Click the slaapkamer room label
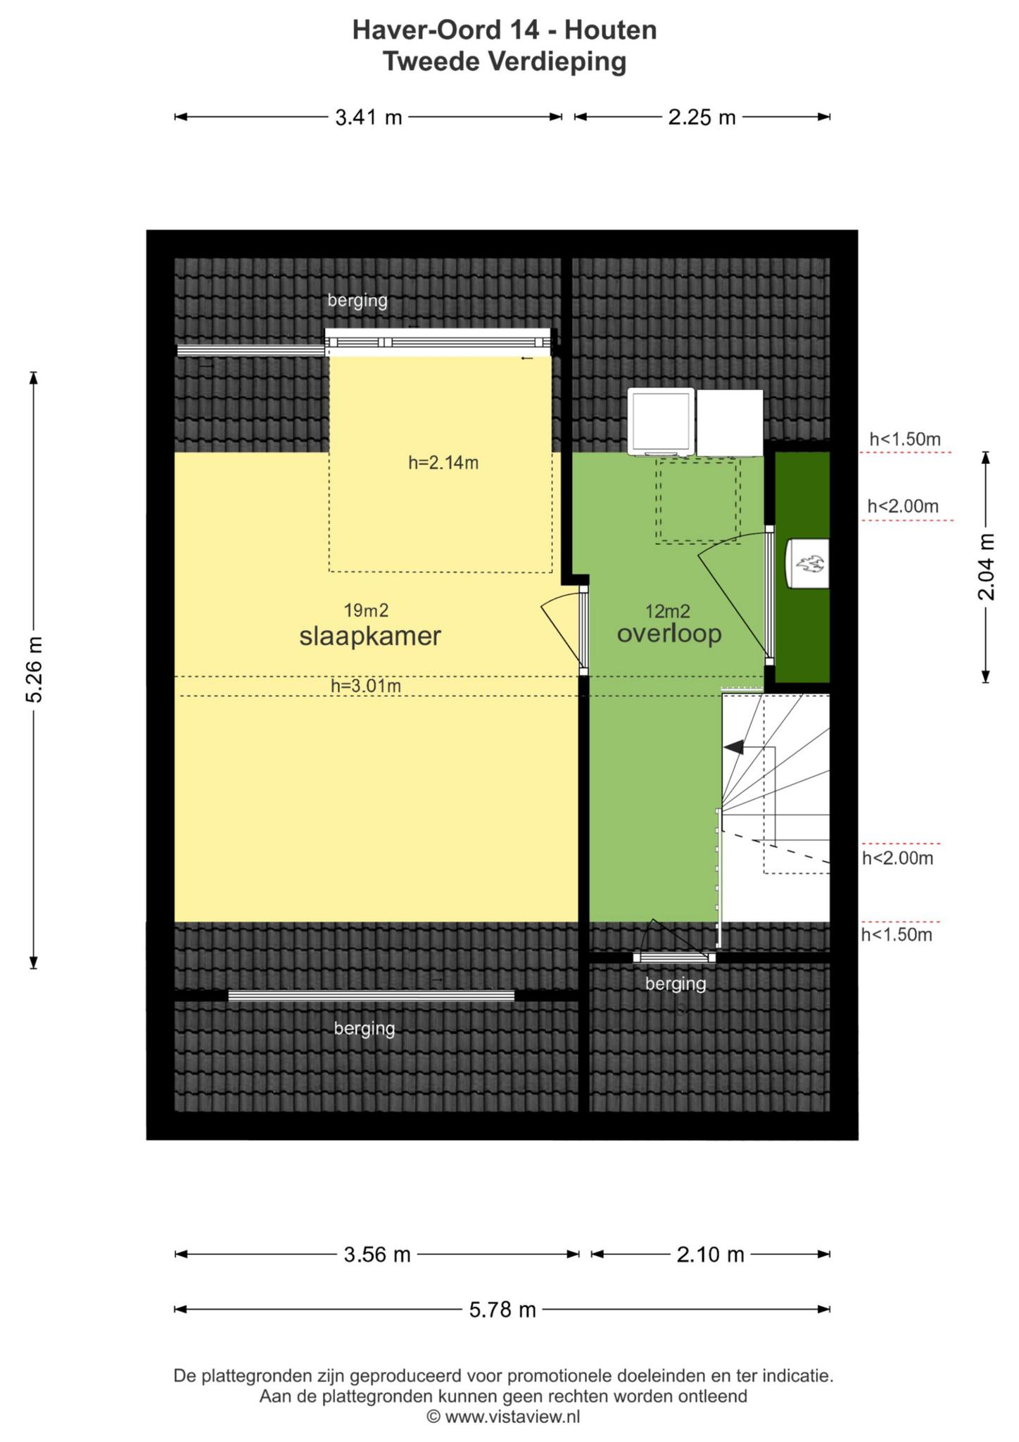(370, 636)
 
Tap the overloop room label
(669, 634)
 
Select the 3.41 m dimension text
(368, 117)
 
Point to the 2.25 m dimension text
(702, 117)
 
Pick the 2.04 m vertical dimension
(986, 567)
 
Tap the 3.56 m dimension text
(376, 1254)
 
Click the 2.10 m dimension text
(710, 1254)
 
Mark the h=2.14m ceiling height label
(443, 463)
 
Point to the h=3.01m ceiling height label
(366, 685)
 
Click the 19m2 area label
(366, 610)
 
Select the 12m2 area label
(668, 610)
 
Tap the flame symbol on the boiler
(810, 564)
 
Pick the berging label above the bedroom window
(357, 301)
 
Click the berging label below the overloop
(676, 983)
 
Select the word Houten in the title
(610, 30)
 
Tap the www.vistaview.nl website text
(512, 1417)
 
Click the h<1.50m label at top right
(905, 439)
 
